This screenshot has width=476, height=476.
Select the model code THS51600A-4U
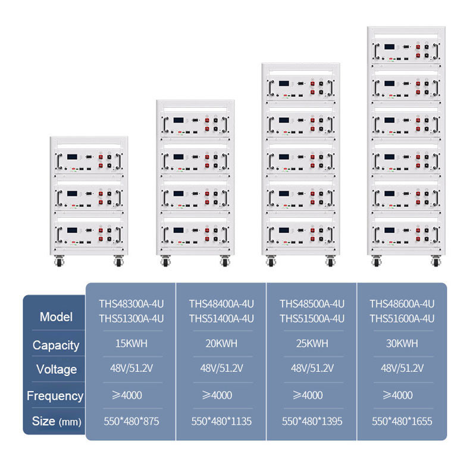(402, 318)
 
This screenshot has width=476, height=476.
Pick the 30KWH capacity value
(402, 343)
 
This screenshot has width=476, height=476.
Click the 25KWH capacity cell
(312, 343)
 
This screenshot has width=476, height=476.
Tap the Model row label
(56, 317)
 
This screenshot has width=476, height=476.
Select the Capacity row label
(56, 345)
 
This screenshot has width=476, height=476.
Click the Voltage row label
(56, 369)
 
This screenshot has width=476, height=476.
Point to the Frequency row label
(55, 396)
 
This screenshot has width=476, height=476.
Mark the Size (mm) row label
(56, 422)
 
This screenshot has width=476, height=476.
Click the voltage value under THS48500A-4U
(312, 368)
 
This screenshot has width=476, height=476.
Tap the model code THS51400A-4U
(221, 318)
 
